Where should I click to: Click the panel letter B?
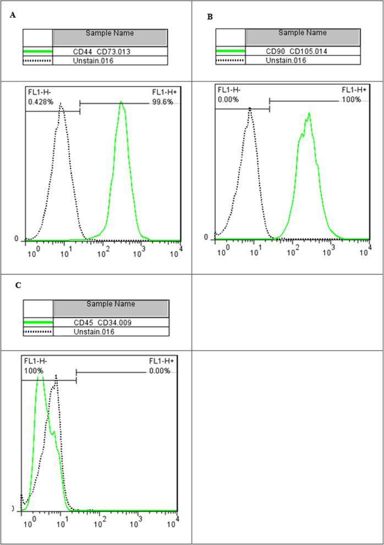pyautogui.click(x=210, y=18)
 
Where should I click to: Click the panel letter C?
pyautogui.click(x=18, y=285)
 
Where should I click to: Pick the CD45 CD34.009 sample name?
pyautogui.click(x=111, y=323)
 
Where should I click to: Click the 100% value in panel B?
pyautogui.click(x=351, y=100)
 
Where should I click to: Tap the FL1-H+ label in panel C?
pyautogui.click(x=162, y=361)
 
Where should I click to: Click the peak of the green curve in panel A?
pyautogui.click(x=121, y=103)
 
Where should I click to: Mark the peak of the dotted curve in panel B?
pyautogui.click(x=250, y=108)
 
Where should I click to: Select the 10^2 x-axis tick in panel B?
pyautogui.click(x=295, y=251)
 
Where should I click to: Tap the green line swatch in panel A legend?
pyautogui.click(x=37, y=52)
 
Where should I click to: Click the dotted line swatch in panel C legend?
pyautogui.click(x=37, y=332)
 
